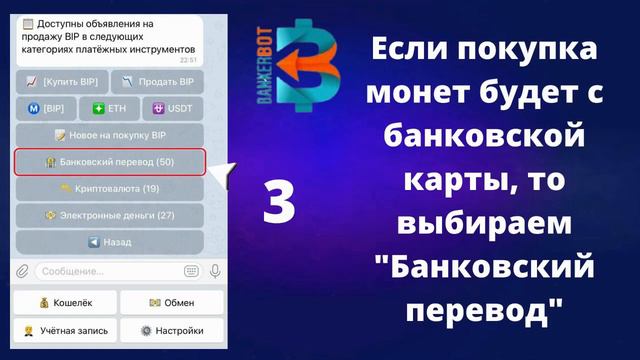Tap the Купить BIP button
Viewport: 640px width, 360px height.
(x=61, y=81)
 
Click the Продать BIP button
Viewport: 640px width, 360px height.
(x=157, y=81)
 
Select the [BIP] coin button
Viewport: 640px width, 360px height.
(x=46, y=107)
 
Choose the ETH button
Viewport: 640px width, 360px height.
(x=110, y=107)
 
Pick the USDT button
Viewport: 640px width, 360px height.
(x=173, y=107)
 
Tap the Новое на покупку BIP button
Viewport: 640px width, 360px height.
(x=110, y=134)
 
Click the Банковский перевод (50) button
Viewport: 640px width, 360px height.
(x=110, y=162)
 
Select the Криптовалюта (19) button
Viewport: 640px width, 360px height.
(x=110, y=188)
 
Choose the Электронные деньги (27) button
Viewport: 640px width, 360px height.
(x=110, y=215)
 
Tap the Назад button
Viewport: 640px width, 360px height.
(x=110, y=242)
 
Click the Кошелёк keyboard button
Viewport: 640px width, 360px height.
(x=64, y=303)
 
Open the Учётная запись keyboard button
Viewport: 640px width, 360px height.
(x=64, y=331)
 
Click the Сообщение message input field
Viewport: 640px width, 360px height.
(x=110, y=270)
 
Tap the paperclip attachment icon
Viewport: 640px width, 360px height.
(x=22, y=270)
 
